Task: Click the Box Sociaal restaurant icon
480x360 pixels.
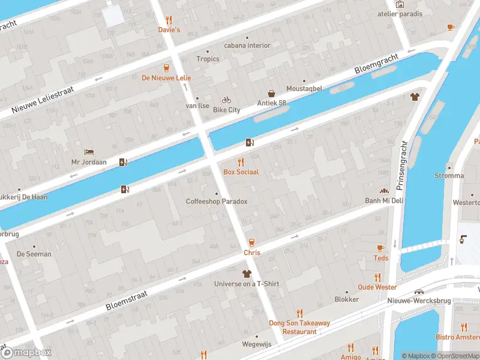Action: [x=241, y=162]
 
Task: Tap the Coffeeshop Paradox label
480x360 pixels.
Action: [x=217, y=202]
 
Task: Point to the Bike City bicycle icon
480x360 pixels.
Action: [x=226, y=100]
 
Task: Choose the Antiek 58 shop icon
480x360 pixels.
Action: [x=272, y=94]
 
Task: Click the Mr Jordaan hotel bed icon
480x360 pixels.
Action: [x=89, y=152]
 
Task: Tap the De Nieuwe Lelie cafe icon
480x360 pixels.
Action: [x=166, y=68]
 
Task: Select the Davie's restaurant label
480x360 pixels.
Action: [x=169, y=29]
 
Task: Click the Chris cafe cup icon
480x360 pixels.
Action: [x=251, y=242]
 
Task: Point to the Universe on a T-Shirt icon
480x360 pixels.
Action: [x=247, y=274]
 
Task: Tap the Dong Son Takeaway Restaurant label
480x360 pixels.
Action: [x=299, y=327]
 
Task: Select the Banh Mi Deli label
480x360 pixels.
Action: [x=384, y=200]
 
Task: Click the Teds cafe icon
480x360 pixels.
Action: [x=380, y=248]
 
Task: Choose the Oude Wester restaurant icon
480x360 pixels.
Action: [x=377, y=277]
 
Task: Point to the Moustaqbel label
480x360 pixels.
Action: [x=304, y=88]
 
